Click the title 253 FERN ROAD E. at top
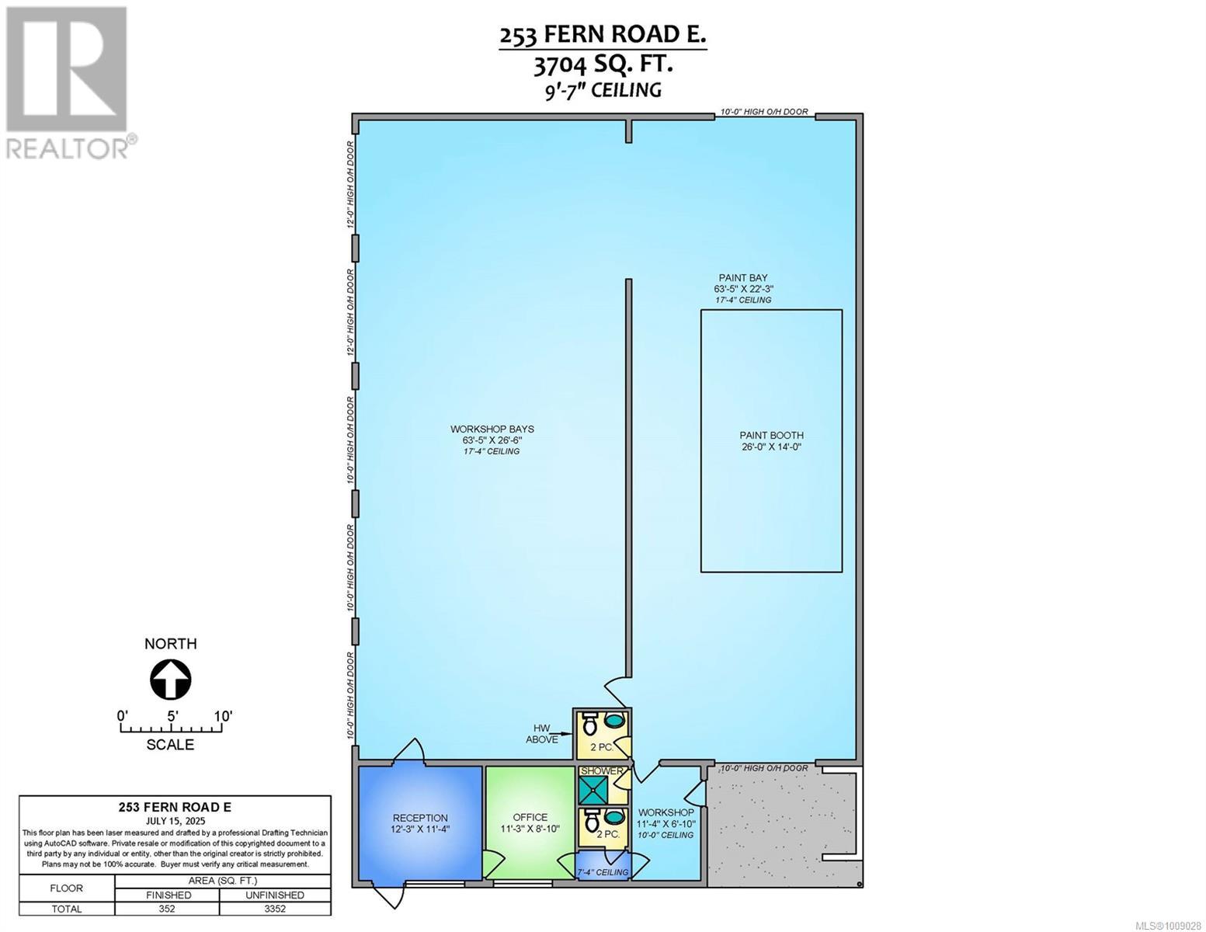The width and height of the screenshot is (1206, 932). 603,36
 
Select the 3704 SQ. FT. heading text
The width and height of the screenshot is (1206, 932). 603,64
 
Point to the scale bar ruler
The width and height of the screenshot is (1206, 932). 171,729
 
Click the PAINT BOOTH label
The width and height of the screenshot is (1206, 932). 771,436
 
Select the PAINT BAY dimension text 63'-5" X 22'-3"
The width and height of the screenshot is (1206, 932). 744,289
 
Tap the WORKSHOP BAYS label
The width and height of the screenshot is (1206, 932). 492,429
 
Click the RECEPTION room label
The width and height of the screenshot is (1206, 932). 420,818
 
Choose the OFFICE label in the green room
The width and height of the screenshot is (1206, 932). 530,817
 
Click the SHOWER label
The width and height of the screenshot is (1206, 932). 603,771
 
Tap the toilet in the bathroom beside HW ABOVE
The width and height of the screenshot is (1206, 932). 589,724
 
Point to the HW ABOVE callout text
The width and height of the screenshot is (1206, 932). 542,734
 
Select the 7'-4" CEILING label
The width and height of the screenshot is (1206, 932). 603,872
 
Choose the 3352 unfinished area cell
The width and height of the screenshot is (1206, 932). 276,909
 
